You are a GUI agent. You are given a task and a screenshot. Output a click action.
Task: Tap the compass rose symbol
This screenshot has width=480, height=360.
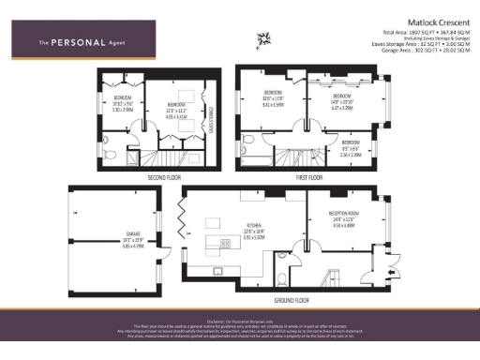point(264,37)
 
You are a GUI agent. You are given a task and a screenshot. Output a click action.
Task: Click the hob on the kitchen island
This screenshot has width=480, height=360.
point(225,244)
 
